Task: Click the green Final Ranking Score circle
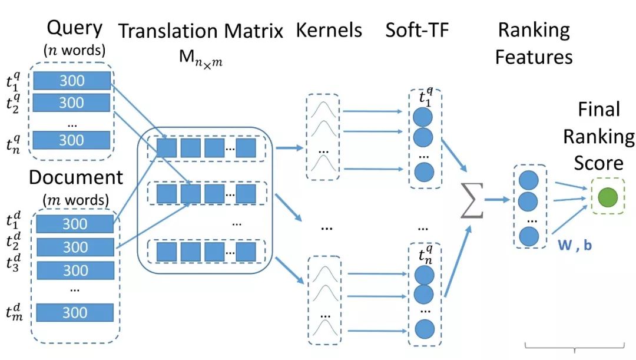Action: tap(607, 196)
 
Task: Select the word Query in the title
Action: tap(74, 28)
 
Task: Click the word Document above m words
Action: tap(75, 177)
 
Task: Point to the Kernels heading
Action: tap(329, 31)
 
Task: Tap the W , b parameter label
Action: tap(575, 244)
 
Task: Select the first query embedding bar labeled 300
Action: tap(72, 80)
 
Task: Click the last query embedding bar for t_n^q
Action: tap(72, 140)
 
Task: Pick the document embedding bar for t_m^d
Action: tap(75, 312)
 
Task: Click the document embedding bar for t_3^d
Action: tap(75, 270)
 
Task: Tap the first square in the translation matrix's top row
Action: tap(167, 147)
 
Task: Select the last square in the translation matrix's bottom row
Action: tap(246, 252)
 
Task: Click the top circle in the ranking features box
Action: tap(529, 179)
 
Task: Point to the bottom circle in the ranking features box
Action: tap(529, 236)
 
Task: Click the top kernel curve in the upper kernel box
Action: tap(323, 110)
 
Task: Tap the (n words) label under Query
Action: tap(74, 51)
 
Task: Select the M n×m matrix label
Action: tap(201, 57)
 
